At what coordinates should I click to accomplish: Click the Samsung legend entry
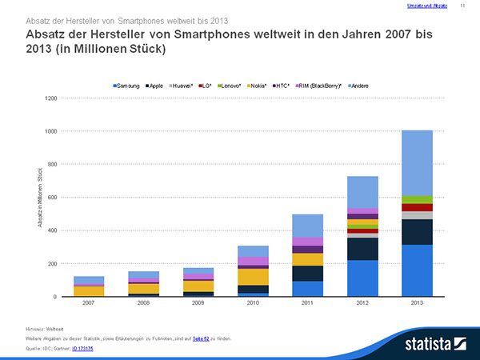(x=128, y=85)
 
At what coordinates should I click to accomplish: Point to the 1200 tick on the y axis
(x=51, y=98)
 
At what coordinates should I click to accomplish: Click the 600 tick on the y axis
(x=53, y=198)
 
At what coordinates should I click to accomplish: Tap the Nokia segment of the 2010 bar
(x=253, y=277)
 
